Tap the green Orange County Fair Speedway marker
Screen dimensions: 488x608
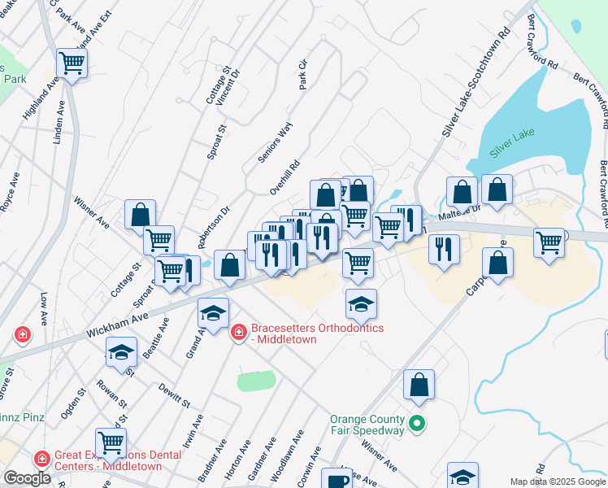(417, 424)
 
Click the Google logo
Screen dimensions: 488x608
(27, 478)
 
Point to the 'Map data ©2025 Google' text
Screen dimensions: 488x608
(558, 481)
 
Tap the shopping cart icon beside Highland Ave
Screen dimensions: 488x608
(72, 62)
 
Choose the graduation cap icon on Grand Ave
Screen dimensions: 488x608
(214, 312)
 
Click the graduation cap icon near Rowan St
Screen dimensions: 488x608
(121, 352)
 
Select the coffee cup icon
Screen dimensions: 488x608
(337, 480)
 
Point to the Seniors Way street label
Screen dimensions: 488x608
(275, 143)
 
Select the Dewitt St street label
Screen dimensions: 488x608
(174, 395)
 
